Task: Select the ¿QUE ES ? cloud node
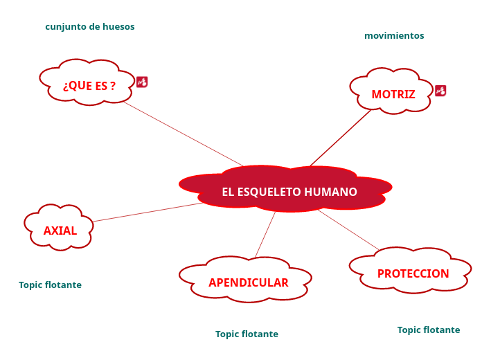tap(88, 85)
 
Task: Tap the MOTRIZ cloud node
tap(393, 93)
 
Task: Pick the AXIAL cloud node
tap(60, 230)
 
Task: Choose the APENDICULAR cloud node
tap(247, 282)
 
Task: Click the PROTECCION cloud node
tap(412, 273)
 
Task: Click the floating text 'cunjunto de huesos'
tap(90, 27)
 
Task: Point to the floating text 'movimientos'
tap(394, 35)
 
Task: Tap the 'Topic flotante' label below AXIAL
tap(50, 285)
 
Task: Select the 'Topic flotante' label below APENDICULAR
tap(247, 334)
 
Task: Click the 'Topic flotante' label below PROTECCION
tap(428, 330)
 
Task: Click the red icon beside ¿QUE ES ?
tap(142, 82)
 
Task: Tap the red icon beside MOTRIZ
tap(440, 90)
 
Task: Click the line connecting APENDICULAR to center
tap(265, 235)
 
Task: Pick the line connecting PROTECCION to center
tap(348, 230)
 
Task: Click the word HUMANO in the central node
tap(331, 192)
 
